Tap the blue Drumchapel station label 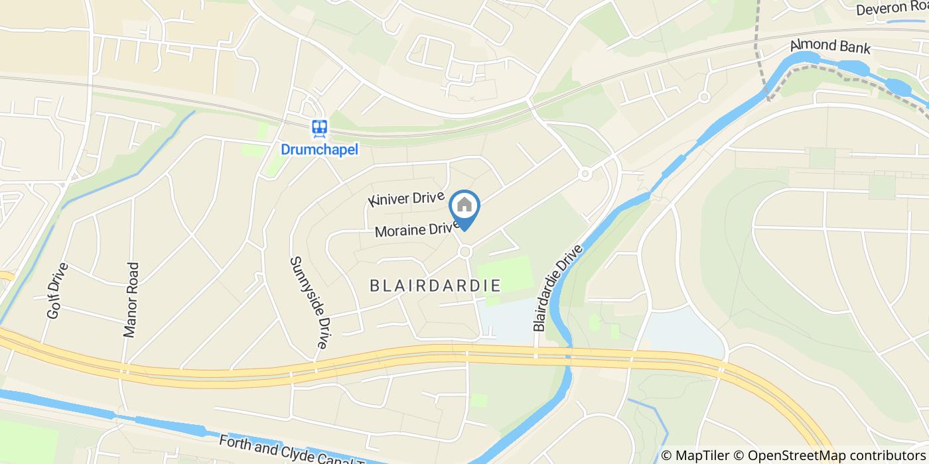click(319, 150)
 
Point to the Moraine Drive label click(417, 229)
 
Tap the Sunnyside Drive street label click(309, 303)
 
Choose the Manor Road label click(132, 300)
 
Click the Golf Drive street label click(58, 291)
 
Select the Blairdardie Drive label click(558, 288)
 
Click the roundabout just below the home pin click(465, 252)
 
